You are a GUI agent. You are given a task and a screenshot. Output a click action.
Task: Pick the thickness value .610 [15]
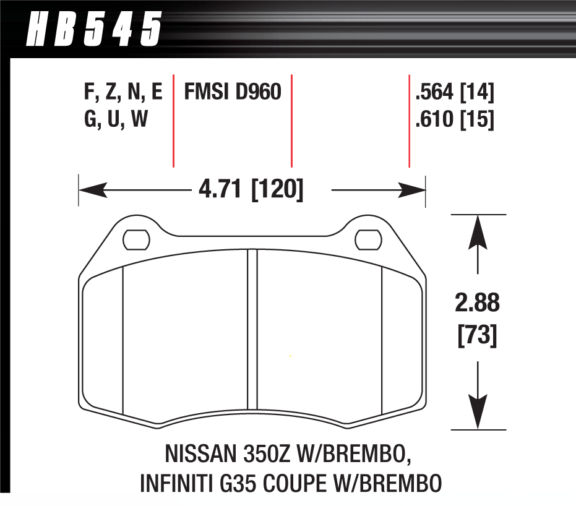[455, 119]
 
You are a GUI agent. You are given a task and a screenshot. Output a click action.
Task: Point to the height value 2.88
[478, 304]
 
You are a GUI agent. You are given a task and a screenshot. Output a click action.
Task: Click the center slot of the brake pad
[252, 334]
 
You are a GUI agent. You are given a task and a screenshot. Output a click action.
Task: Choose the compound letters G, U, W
[116, 119]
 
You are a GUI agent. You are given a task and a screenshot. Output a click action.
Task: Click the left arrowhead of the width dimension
[91, 190]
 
